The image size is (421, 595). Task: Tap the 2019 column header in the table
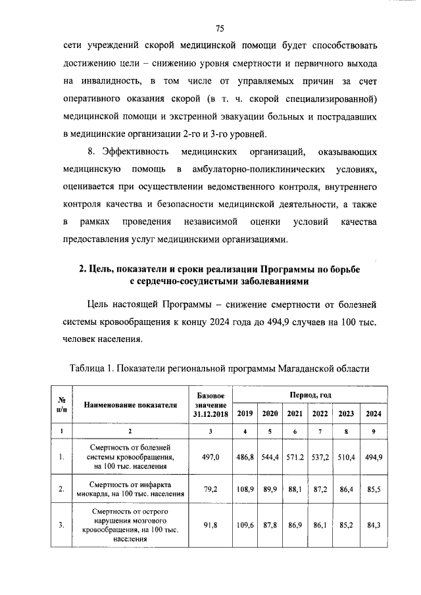click(245, 414)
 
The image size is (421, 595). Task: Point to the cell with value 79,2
click(209, 489)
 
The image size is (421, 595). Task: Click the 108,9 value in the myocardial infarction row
click(245, 489)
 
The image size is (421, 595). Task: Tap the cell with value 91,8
click(209, 524)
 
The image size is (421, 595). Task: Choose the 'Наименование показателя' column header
click(130, 404)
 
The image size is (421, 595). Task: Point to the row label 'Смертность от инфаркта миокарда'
click(130, 489)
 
